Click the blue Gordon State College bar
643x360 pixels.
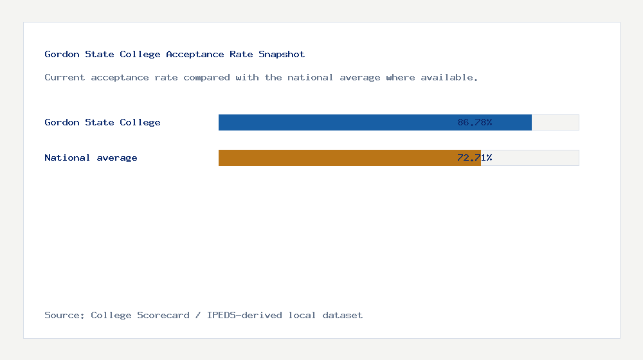(x=334, y=122)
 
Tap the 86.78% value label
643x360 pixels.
(x=475, y=122)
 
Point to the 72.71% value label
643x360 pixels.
(x=475, y=157)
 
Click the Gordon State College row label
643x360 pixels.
(x=102, y=122)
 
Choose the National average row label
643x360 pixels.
(x=91, y=157)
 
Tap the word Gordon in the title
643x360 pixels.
(x=62, y=54)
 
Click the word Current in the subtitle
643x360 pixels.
(x=65, y=77)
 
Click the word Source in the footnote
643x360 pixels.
(x=64, y=315)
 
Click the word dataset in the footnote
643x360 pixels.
(x=343, y=315)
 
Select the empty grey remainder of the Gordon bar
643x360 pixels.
(x=556, y=122)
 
